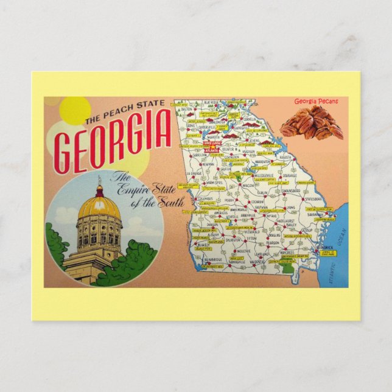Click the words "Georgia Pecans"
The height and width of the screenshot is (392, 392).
pyautogui.click(x=316, y=102)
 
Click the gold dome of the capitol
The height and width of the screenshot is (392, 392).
pyautogui.click(x=99, y=207)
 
